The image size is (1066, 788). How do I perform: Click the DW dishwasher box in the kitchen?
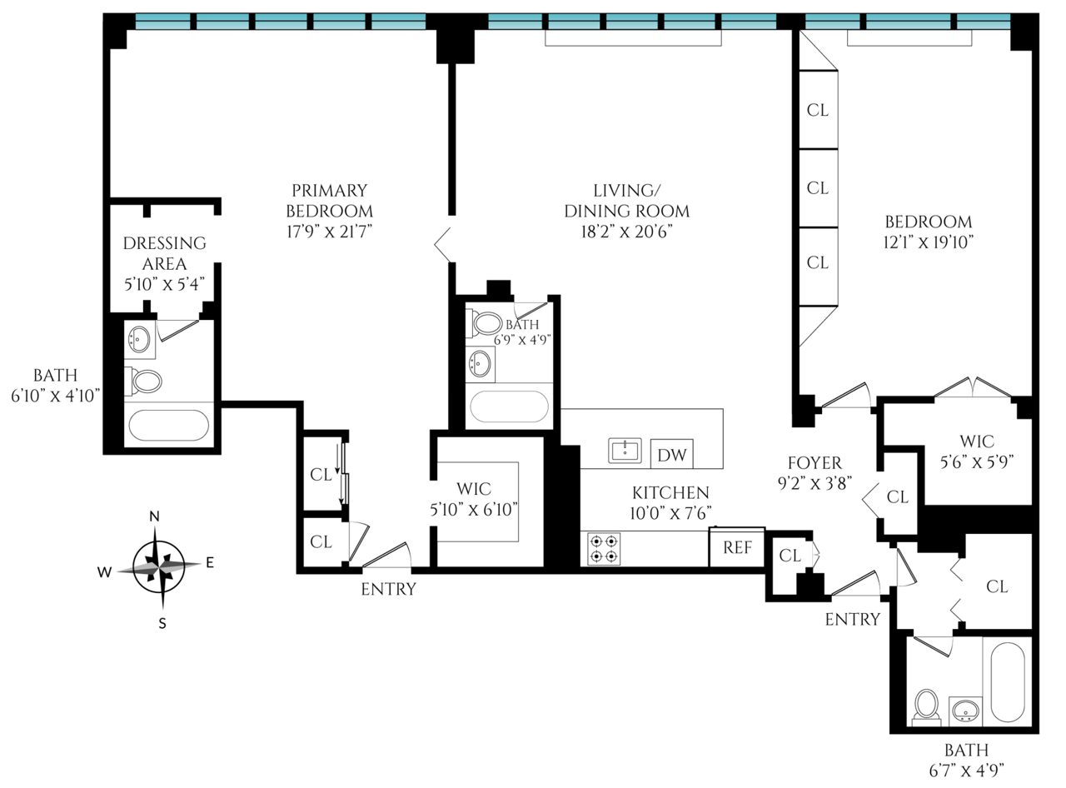671,453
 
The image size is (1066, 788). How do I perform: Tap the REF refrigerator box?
737,547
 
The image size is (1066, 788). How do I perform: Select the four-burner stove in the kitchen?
604,549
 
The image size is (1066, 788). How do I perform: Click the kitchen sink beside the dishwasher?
625,451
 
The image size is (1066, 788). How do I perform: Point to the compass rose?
158,568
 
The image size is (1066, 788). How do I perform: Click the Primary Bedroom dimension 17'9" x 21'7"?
329,232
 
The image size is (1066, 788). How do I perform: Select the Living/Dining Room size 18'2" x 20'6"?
626,232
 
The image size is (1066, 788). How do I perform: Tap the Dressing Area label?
164,253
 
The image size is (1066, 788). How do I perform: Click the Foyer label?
814,462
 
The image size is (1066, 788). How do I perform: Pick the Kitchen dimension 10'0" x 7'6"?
670,513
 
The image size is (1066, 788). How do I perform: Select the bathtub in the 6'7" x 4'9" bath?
1008,681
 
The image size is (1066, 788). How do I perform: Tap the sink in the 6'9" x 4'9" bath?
481,363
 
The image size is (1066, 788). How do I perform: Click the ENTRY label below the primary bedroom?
388,589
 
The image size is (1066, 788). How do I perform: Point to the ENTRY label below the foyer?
853,619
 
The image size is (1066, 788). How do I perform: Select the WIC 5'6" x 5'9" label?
977,451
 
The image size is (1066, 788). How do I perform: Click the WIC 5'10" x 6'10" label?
474,499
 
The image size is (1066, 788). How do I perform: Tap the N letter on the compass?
154,516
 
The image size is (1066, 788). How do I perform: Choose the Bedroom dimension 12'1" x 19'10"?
929,242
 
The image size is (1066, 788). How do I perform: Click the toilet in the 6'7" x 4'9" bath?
926,707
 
